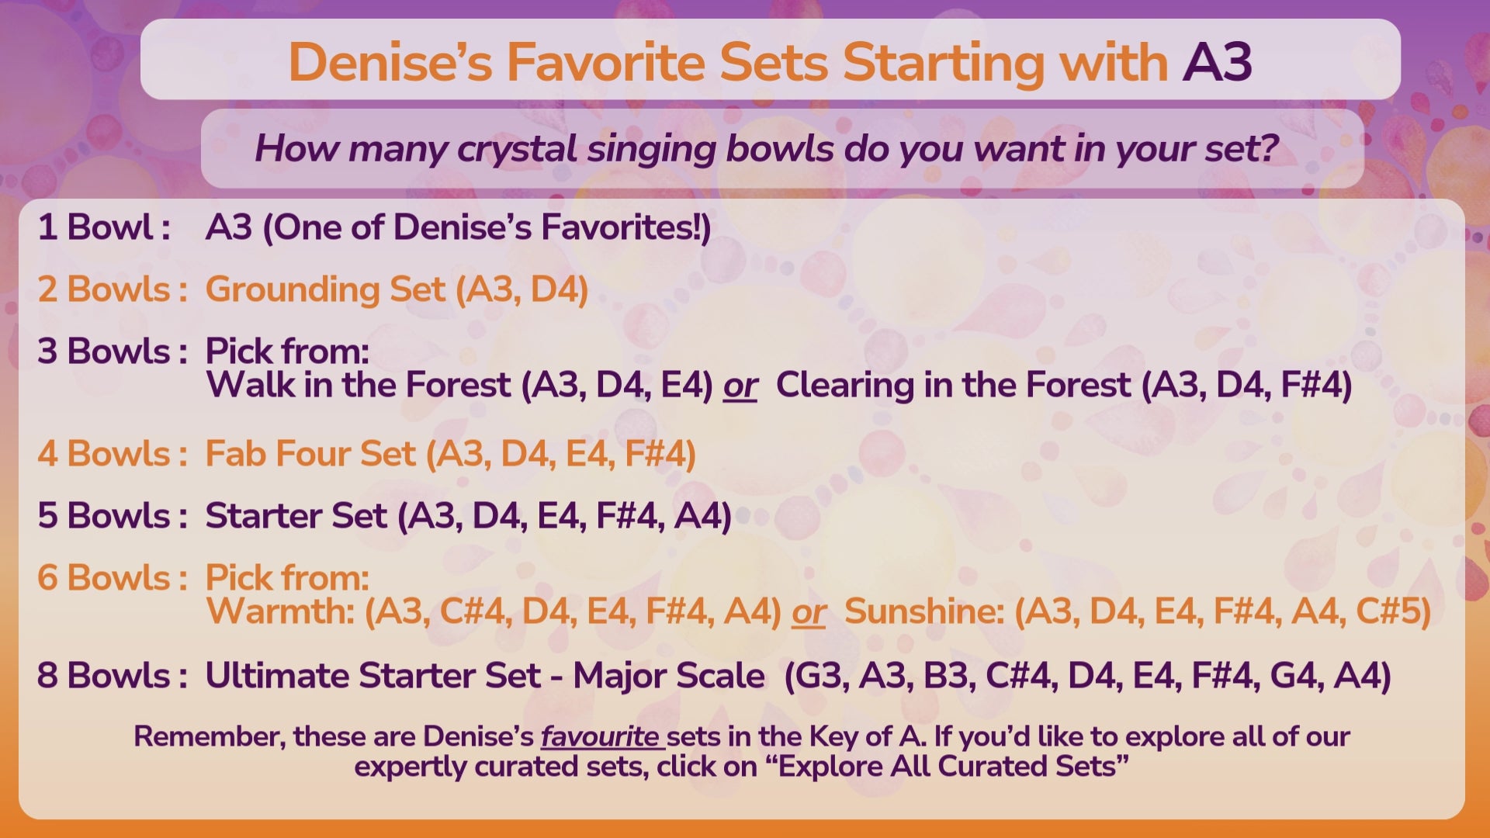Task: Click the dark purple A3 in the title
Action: coord(1217,62)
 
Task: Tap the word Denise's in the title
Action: coord(390,62)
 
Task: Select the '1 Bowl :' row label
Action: coord(104,227)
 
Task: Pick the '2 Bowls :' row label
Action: coord(112,289)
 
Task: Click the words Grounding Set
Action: coord(325,290)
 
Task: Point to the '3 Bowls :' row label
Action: coord(112,351)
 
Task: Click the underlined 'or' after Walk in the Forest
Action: coord(740,386)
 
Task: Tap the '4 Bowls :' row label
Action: coord(112,454)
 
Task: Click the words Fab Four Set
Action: coord(310,454)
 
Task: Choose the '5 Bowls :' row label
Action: coord(112,516)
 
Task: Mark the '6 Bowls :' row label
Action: coord(112,578)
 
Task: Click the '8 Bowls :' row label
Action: coord(112,676)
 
